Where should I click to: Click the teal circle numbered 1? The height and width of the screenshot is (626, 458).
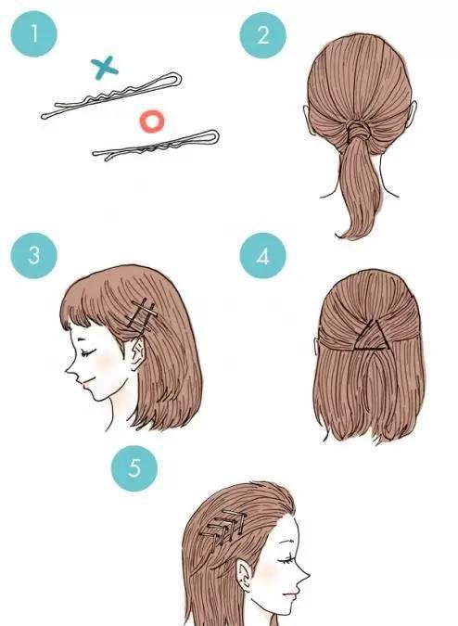[34, 33]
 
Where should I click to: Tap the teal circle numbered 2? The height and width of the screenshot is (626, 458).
[263, 34]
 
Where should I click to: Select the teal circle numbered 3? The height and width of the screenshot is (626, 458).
[34, 255]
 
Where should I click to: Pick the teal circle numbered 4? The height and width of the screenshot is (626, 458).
[263, 256]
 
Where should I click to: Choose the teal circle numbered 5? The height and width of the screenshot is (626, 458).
[134, 468]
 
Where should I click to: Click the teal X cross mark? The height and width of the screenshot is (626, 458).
[105, 68]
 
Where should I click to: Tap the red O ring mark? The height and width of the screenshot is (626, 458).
[152, 121]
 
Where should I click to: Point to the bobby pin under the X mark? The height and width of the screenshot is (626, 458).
[111, 96]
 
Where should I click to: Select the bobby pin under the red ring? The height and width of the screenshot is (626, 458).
[156, 146]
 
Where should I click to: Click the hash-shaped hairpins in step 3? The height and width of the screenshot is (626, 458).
[141, 315]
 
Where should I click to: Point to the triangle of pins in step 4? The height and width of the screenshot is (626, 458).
[369, 338]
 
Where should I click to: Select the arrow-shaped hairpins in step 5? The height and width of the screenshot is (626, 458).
[223, 528]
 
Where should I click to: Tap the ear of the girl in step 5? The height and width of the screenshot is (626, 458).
[244, 576]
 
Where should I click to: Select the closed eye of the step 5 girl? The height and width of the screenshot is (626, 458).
[286, 560]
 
